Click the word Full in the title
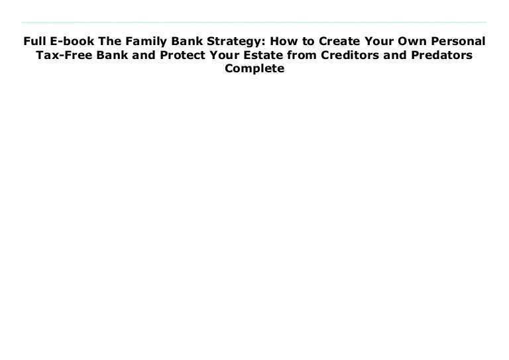click(x=34, y=41)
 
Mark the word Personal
click(x=458, y=41)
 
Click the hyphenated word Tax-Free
click(x=64, y=55)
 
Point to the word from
click(x=302, y=55)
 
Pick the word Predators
click(x=442, y=55)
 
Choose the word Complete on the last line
click(x=254, y=69)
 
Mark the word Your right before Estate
click(x=225, y=55)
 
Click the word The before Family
click(x=110, y=41)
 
